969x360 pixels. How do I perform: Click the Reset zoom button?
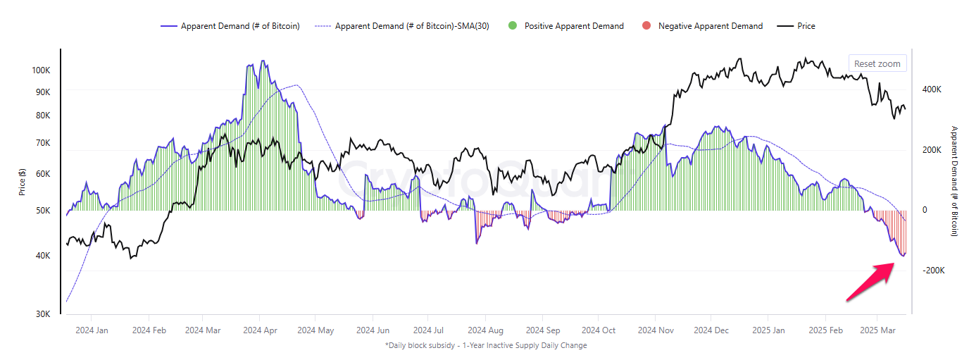coord(877,63)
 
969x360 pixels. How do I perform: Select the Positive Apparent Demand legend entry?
coord(573,26)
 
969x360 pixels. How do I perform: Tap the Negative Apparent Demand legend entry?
coord(710,26)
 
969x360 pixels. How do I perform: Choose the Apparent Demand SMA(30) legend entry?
coord(412,26)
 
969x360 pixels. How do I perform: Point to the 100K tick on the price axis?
coord(41,70)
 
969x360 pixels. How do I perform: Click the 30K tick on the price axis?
coord(42,314)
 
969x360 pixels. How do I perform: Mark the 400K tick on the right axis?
coord(932,89)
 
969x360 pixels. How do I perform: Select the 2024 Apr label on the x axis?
coord(260,330)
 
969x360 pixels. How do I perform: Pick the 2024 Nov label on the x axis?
coord(655,330)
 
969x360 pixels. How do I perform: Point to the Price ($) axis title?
coord(23,182)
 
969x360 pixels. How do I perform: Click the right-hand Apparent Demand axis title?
coord(955,181)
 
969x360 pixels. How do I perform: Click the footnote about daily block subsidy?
coord(486,345)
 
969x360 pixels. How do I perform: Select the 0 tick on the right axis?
coord(925,210)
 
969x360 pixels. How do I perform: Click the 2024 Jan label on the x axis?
coord(92,330)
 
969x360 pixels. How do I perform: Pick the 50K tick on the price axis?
coord(42,210)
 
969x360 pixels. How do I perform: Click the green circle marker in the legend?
coord(512,26)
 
